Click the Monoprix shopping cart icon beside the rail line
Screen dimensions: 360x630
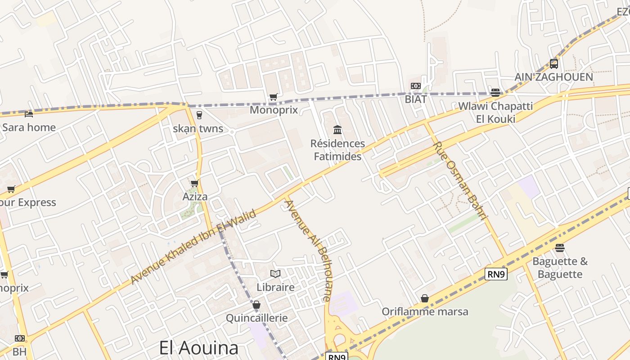coord(273,97)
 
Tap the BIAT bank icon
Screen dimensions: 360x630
coord(415,86)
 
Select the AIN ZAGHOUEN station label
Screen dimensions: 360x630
coord(553,77)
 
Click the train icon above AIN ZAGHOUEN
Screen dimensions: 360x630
coord(553,64)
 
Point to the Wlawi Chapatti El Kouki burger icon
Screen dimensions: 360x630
coord(495,93)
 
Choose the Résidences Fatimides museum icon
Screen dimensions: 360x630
coord(337,130)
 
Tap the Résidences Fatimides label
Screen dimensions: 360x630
coord(337,150)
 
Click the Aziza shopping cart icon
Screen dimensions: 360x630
coord(195,183)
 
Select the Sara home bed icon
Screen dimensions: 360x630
coord(29,114)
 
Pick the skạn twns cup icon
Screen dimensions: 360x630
coord(199,115)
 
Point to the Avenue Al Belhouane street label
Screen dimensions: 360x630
coord(309,250)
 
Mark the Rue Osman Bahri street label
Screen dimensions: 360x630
coord(460,181)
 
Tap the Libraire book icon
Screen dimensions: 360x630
coord(275,274)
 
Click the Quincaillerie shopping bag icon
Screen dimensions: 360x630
coord(256,305)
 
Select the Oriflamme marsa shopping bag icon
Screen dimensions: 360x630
coord(424,298)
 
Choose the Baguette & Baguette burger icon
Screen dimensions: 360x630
coord(559,248)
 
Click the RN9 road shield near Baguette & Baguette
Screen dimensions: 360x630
coord(496,274)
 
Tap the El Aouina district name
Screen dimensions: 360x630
coord(198,348)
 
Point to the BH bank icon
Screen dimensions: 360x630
coord(19,338)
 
